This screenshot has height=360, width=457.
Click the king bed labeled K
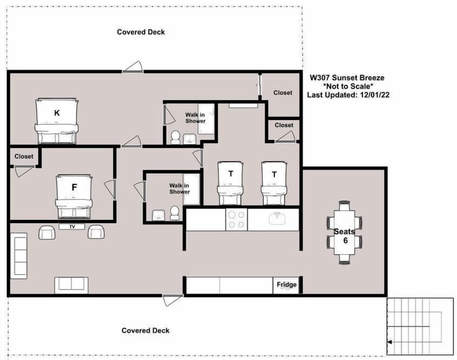[56, 121]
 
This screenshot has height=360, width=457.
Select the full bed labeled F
[73, 195]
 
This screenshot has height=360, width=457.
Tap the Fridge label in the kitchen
[287, 285]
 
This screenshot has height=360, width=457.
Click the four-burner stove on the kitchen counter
[236, 219]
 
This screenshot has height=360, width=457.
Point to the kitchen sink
[277, 219]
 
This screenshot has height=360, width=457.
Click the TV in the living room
[72, 226]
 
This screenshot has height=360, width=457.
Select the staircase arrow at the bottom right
[390, 342]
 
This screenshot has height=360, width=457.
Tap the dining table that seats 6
[344, 233]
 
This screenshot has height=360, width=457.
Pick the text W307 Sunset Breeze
[347, 77]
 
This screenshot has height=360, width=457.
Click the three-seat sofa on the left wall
[19, 256]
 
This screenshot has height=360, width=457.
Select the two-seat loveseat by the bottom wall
[71, 285]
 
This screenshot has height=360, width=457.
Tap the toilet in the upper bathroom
[175, 137]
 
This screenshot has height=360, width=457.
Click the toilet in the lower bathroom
[175, 213]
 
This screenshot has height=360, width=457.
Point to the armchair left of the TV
[47, 232]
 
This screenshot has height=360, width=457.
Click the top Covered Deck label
[141, 32]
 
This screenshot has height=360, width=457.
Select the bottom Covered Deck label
[145, 331]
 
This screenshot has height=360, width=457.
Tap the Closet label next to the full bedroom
[24, 156]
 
